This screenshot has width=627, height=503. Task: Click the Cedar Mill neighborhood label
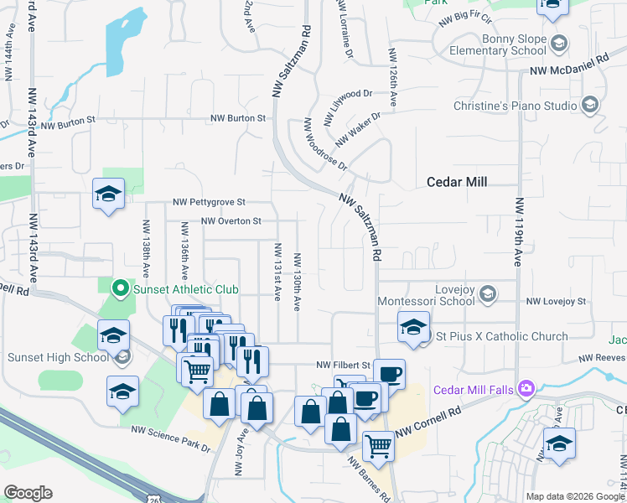(457, 181)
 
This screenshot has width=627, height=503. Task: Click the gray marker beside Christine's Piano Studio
(589, 106)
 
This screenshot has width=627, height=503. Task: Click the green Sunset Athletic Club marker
(120, 290)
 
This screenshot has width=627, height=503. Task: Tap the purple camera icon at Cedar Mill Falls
(526, 388)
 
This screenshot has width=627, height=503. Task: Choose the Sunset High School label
(58, 358)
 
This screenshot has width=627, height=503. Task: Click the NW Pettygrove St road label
(209, 202)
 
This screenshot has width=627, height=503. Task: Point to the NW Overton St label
(232, 221)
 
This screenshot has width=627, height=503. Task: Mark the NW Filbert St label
(343, 366)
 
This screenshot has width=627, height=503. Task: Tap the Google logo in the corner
(28, 493)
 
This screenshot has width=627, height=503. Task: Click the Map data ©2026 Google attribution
(575, 496)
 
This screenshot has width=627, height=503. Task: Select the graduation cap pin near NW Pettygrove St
(108, 194)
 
